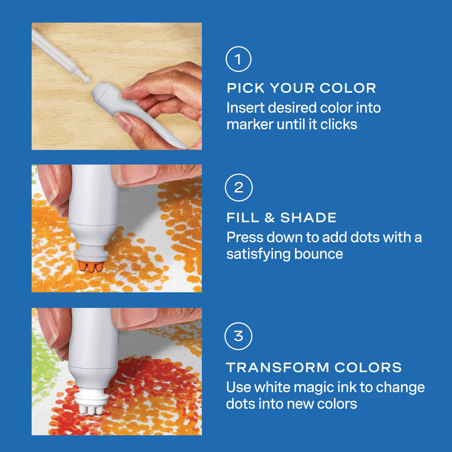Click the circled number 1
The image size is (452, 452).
pyautogui.click(x=238, y=59)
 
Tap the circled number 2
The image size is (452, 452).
pyautogui.click(x=238, y=188)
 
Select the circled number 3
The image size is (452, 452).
pyautogui.click(x=238, y=336)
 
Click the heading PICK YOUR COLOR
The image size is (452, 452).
pyautogui.click(x=301, y=88)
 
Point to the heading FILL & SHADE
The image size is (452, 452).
pyautogui.click(x=281, y=217)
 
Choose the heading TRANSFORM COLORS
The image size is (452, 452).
pyautogui.click(x=314, y=367)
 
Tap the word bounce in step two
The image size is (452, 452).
pyautogui.click(x=319, y=254)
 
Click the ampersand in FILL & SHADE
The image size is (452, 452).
pyautogui.click(x=270, y=217)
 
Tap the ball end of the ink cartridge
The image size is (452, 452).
pyautogui.click(x=86, y=79)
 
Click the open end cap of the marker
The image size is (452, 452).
pyautogui.click(x=101, y=92)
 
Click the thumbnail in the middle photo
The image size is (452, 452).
pyautogui.click(x=136, y=174)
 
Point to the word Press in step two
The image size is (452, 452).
pyautogui.click(x=245, y=237)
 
